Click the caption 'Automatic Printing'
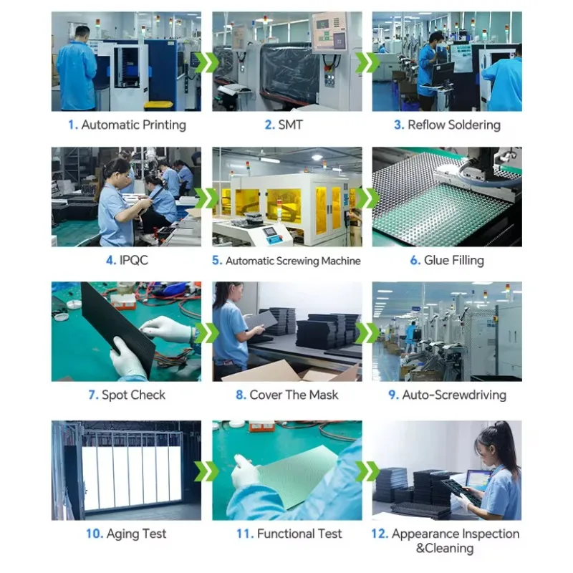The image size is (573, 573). (133, 125)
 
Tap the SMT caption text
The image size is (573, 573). (291, 125)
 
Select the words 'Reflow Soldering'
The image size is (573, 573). (454, 125)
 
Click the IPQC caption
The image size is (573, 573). (134, 260)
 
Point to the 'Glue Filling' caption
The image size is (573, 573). (454, 260)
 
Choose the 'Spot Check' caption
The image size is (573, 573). (133, 395)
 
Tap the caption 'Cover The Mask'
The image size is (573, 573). (294, 395)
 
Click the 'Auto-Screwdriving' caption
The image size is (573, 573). (454, 395)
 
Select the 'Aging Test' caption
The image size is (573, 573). (136, 534)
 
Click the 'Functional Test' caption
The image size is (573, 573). (299, 534)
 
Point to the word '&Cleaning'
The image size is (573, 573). (445, 548)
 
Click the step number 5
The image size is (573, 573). (217, 261)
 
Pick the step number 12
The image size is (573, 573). (380, 534)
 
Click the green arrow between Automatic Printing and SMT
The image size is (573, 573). (206, 62)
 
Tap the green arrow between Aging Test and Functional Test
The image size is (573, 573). (206, 471)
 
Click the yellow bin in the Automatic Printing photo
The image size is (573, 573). (158, 105)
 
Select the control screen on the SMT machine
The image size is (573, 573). (329, 33)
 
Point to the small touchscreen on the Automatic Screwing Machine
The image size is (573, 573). (271, 231)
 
